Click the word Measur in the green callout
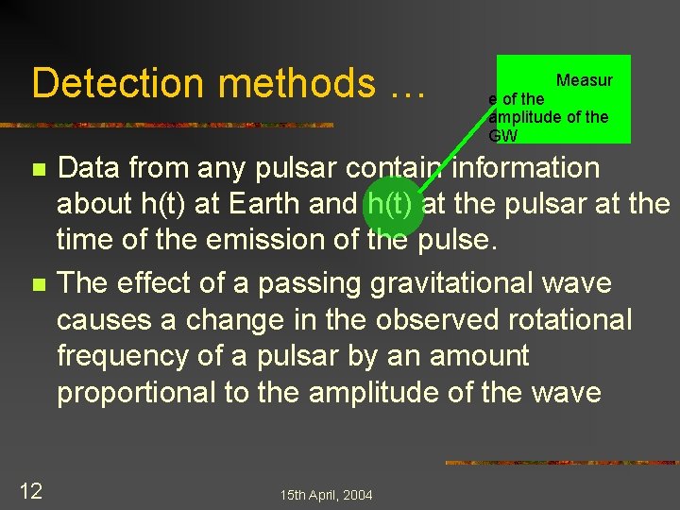[584, 80]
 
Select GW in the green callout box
[502, 135]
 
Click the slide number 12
[32, 489]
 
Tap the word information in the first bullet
[526, 168]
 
